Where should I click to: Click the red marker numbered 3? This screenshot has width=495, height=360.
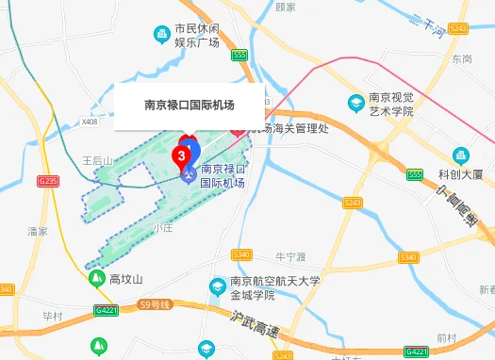tap(181, 152)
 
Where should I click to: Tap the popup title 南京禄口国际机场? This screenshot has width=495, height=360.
tap(189, 106)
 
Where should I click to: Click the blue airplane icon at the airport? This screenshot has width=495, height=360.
tap(190, 172)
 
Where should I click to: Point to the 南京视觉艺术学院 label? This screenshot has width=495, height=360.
tap(389, 105)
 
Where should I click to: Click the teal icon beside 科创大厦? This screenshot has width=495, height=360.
tap(460, 155)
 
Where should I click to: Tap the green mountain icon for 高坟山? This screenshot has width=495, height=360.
tap(96, 279)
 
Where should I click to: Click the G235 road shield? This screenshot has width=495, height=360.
tap(48, 180)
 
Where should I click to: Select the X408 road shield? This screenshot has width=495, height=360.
tap(90, 122)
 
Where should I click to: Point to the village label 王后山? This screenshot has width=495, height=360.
tap(96, 160)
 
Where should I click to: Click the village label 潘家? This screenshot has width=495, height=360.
tap(38, 230)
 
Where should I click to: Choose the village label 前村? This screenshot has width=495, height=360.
tap(446, 336)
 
